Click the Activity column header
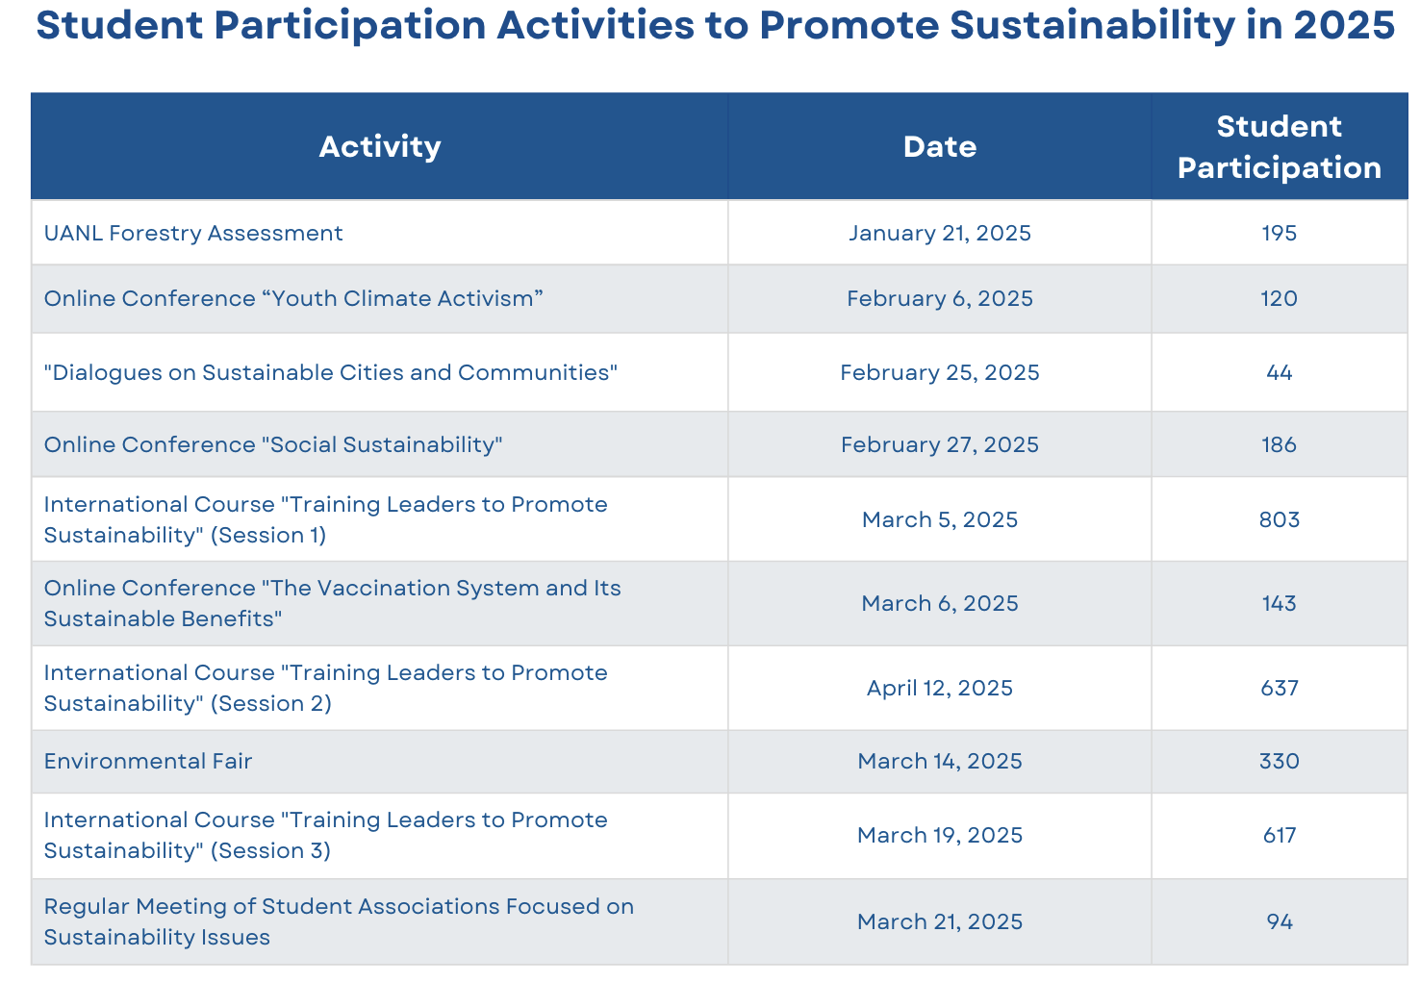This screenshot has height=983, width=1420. (380, 147)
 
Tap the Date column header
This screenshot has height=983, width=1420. (940, 147)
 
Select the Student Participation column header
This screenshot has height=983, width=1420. (1280, 147)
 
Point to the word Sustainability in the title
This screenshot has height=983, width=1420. (1092, 27)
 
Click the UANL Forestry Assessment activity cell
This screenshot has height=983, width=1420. (193, 233)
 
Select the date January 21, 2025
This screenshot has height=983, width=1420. (940, 234)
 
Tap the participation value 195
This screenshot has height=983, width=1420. (1280, 233)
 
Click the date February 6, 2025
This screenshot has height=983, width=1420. (940, 299)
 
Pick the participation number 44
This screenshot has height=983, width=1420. (1280, 372)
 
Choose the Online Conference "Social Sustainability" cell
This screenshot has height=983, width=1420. (273, 445)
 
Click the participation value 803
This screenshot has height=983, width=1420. (1280, 519)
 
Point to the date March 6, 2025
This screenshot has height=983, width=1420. (940, 604)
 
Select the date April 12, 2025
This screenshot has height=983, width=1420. (940, 689)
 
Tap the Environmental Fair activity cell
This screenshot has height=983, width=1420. (148, 761)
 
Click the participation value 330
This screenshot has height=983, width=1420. (1280, 761)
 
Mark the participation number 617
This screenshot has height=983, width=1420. (1280, 835)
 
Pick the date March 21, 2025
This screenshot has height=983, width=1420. (940, 922)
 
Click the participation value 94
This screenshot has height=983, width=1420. (1280, 922)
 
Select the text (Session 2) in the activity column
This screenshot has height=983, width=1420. (270, 704)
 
